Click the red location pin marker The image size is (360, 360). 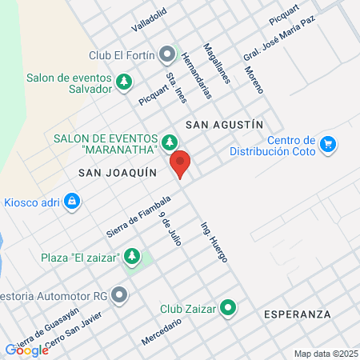pyautogui.click(x=181, y=164)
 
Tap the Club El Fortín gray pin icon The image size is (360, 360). pyautogui.click(x=167, y=55)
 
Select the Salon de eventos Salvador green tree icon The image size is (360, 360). pyautogui.click(x=124, y=82)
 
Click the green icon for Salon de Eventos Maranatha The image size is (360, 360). pyautogui.click(x=169, y=142)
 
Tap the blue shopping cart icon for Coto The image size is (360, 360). pyautogui.click(x=327, y=144)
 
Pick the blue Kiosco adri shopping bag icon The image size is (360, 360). pyautogui.click(x=73, y=201)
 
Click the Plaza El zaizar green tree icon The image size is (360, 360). pyautogui.click(x=133, y=257)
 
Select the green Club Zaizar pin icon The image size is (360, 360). pyautogui.click(x=228, y=306)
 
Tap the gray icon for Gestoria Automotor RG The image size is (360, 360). pyautogui.click(x=120, y=295)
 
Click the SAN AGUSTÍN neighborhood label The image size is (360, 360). pyautogui.click(x=224, y=125)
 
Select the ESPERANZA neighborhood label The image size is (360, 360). pyautogui.click(x=297, y=314)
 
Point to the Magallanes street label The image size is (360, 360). pyautogui.click(x=217, y=63)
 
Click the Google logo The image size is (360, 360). pyautogui.click(x=26, y=350)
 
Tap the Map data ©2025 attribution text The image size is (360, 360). pyautogui.click(x=325, y=353)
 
